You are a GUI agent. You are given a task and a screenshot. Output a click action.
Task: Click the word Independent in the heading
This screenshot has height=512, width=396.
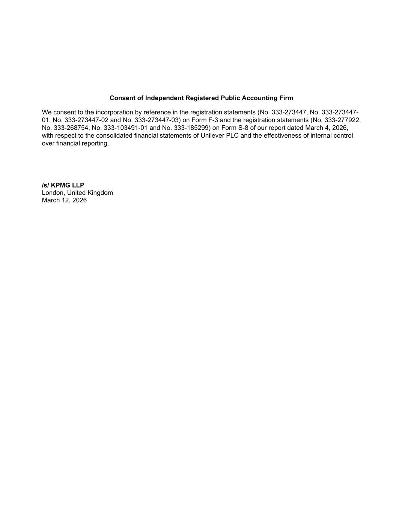[x=164, y=98]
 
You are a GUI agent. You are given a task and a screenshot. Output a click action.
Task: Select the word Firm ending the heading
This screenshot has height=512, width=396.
[x=286, y=98]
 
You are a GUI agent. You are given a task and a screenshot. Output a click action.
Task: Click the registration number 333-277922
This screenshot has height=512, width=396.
[x=343, y=120]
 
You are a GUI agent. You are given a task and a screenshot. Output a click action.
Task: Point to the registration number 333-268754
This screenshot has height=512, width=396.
[x=71, y=128]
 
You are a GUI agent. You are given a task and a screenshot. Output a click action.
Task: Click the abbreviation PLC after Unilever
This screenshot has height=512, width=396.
[x=232, y=135]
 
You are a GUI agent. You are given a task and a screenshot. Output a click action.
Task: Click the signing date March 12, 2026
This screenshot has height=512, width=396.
[x=64, y=200]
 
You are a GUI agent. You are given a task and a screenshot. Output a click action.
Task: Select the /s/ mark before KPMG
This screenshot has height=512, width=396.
[x=45, y=185]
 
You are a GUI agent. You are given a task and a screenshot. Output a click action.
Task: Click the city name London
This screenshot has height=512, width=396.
[x=53, y=193]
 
